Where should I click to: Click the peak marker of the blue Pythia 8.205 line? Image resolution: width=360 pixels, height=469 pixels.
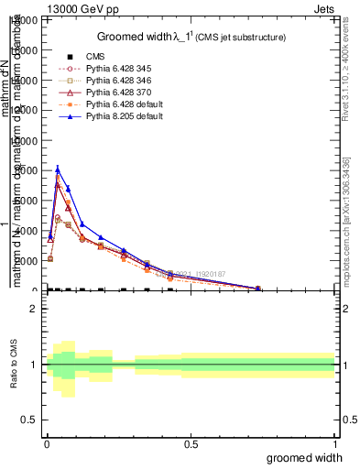58,169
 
